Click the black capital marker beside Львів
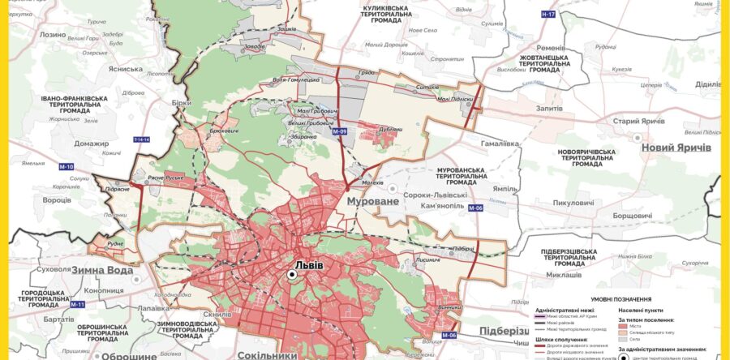click(292, 276)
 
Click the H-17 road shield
click(549, 15)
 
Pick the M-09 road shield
click(339, 131)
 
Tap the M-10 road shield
click(66, 167)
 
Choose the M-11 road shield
click(77, 304)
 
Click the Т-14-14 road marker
click(143, 139)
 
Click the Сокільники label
click(268, 355)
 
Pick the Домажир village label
click(91, 144)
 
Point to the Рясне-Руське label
click(167, 178)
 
